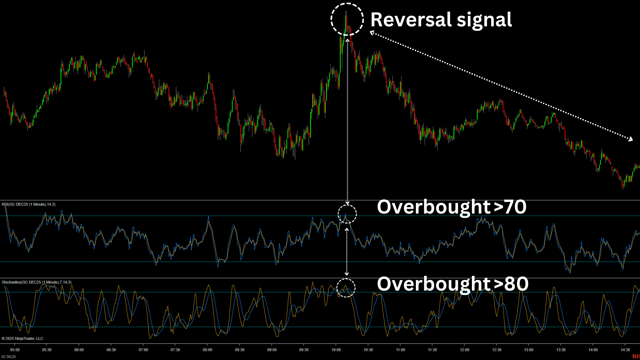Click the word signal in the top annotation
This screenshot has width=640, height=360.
pos(484,20)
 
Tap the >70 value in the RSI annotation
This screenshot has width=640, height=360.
pos(510,207)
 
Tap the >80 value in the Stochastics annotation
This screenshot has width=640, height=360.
pos(511,284)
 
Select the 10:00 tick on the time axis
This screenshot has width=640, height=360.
pos(336,350)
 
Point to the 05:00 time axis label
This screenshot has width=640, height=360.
pos(15,350)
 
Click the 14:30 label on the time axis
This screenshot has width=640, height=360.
pos(625,350)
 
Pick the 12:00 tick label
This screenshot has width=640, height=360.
pos(464,350)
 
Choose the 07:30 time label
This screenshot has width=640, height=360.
pos(175,350)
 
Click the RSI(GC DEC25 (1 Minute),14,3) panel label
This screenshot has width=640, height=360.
pos(29,204)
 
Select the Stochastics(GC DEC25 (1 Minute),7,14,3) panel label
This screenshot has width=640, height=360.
pos(37,282)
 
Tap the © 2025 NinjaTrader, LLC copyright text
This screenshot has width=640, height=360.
pos(22,338)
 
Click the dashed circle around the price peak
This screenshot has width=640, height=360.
pos(347,19)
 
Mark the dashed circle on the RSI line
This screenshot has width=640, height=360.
pos(347,214)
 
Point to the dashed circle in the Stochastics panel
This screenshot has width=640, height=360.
pos(346,288)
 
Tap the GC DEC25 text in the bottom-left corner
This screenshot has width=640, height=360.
pos(8,357)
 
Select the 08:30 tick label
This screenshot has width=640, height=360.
pos(239,350)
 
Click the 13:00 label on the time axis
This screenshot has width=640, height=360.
pos(529,350)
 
